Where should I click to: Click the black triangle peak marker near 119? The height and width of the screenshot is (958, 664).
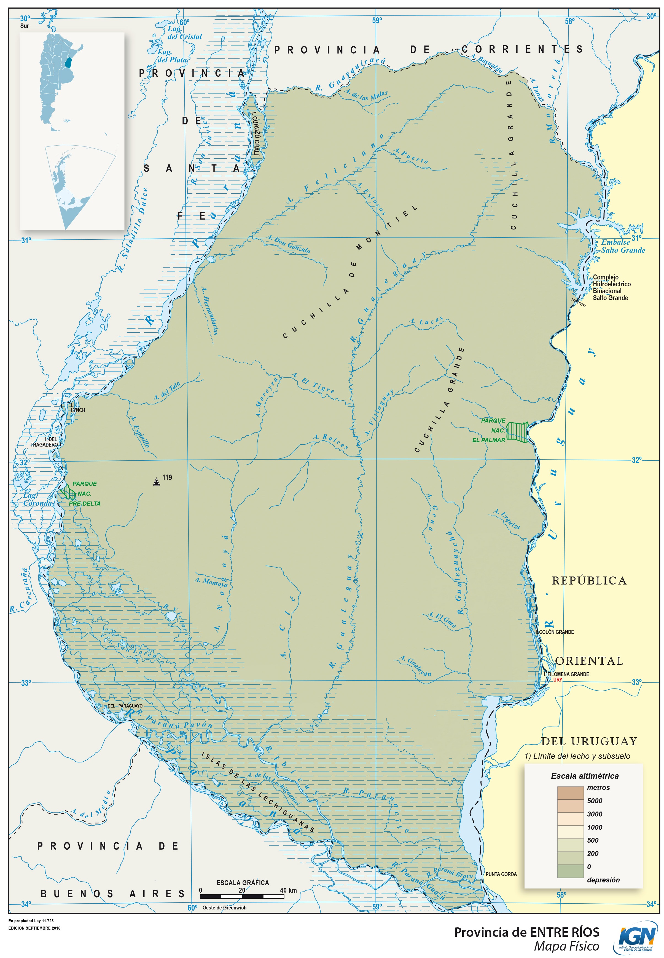click(x=157, y=482)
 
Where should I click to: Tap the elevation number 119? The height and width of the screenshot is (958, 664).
click(x=167, y=477)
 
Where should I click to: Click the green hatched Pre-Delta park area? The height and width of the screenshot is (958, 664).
click(x=67, y=492)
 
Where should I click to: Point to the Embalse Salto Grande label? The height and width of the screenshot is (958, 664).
click(x=623, y=246)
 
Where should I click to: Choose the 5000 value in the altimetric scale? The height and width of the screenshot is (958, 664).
click(x=595, y=800)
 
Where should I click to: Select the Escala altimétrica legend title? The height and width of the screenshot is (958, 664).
click(x=585, y=776)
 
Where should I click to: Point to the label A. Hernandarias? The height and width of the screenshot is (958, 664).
click(x=210, y=310)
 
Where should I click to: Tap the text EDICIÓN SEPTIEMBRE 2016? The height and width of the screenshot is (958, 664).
click(x=34, y=928)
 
